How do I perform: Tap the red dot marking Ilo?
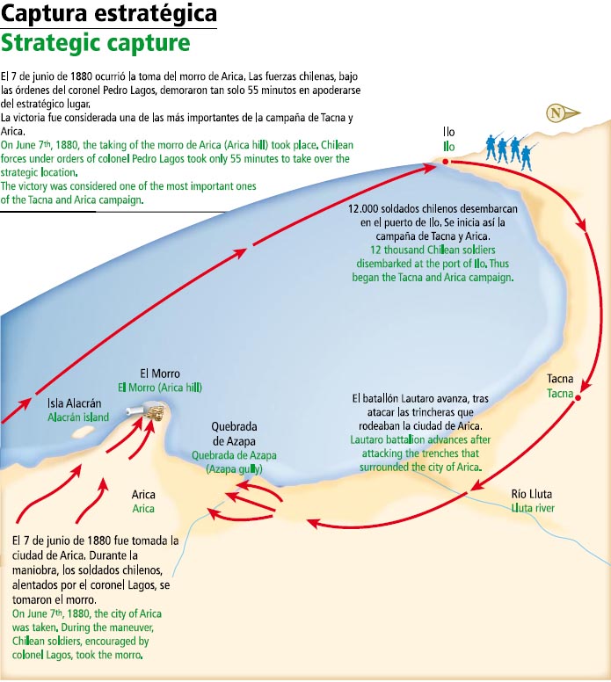click(446, 162)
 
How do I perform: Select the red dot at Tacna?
click(578, 398)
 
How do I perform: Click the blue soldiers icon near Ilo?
click(511, 149)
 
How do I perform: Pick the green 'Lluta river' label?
click(533, 508)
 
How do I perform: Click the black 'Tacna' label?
click(560, 379)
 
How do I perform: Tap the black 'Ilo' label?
click(448, 132)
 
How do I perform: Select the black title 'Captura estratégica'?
click(109, 15)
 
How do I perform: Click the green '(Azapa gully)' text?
click(234, 468)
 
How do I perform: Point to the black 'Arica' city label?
click(143, 495)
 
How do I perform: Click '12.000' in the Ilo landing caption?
click(367, 210)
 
